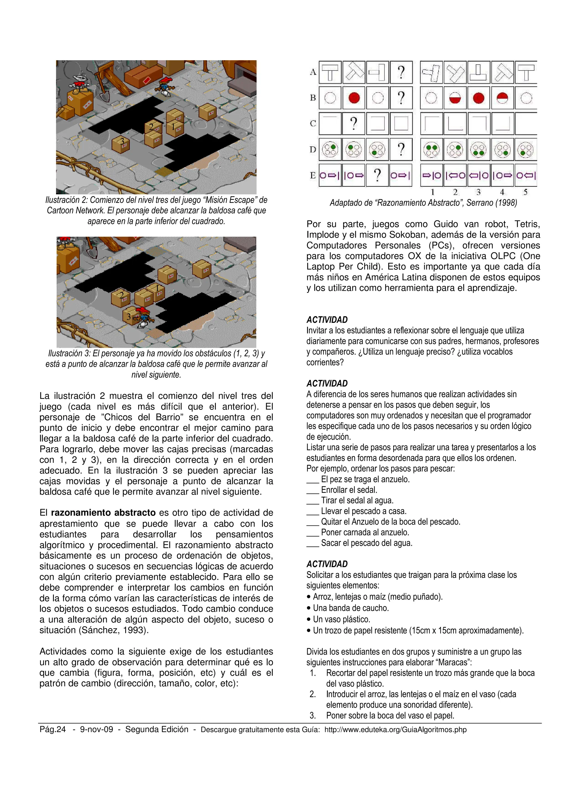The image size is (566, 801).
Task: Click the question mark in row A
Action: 401,72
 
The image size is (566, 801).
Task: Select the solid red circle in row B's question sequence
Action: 354,98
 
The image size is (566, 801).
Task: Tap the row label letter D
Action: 313,150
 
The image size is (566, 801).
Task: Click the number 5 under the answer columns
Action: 525,192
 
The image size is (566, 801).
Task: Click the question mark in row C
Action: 354,124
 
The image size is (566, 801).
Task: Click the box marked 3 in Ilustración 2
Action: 121,144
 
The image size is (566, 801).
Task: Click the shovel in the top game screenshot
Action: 104,93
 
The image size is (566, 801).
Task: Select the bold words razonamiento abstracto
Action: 103,513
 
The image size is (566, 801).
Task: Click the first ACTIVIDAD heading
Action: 327,320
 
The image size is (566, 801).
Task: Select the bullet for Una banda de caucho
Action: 309,608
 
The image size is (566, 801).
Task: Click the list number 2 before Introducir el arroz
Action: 313,694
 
